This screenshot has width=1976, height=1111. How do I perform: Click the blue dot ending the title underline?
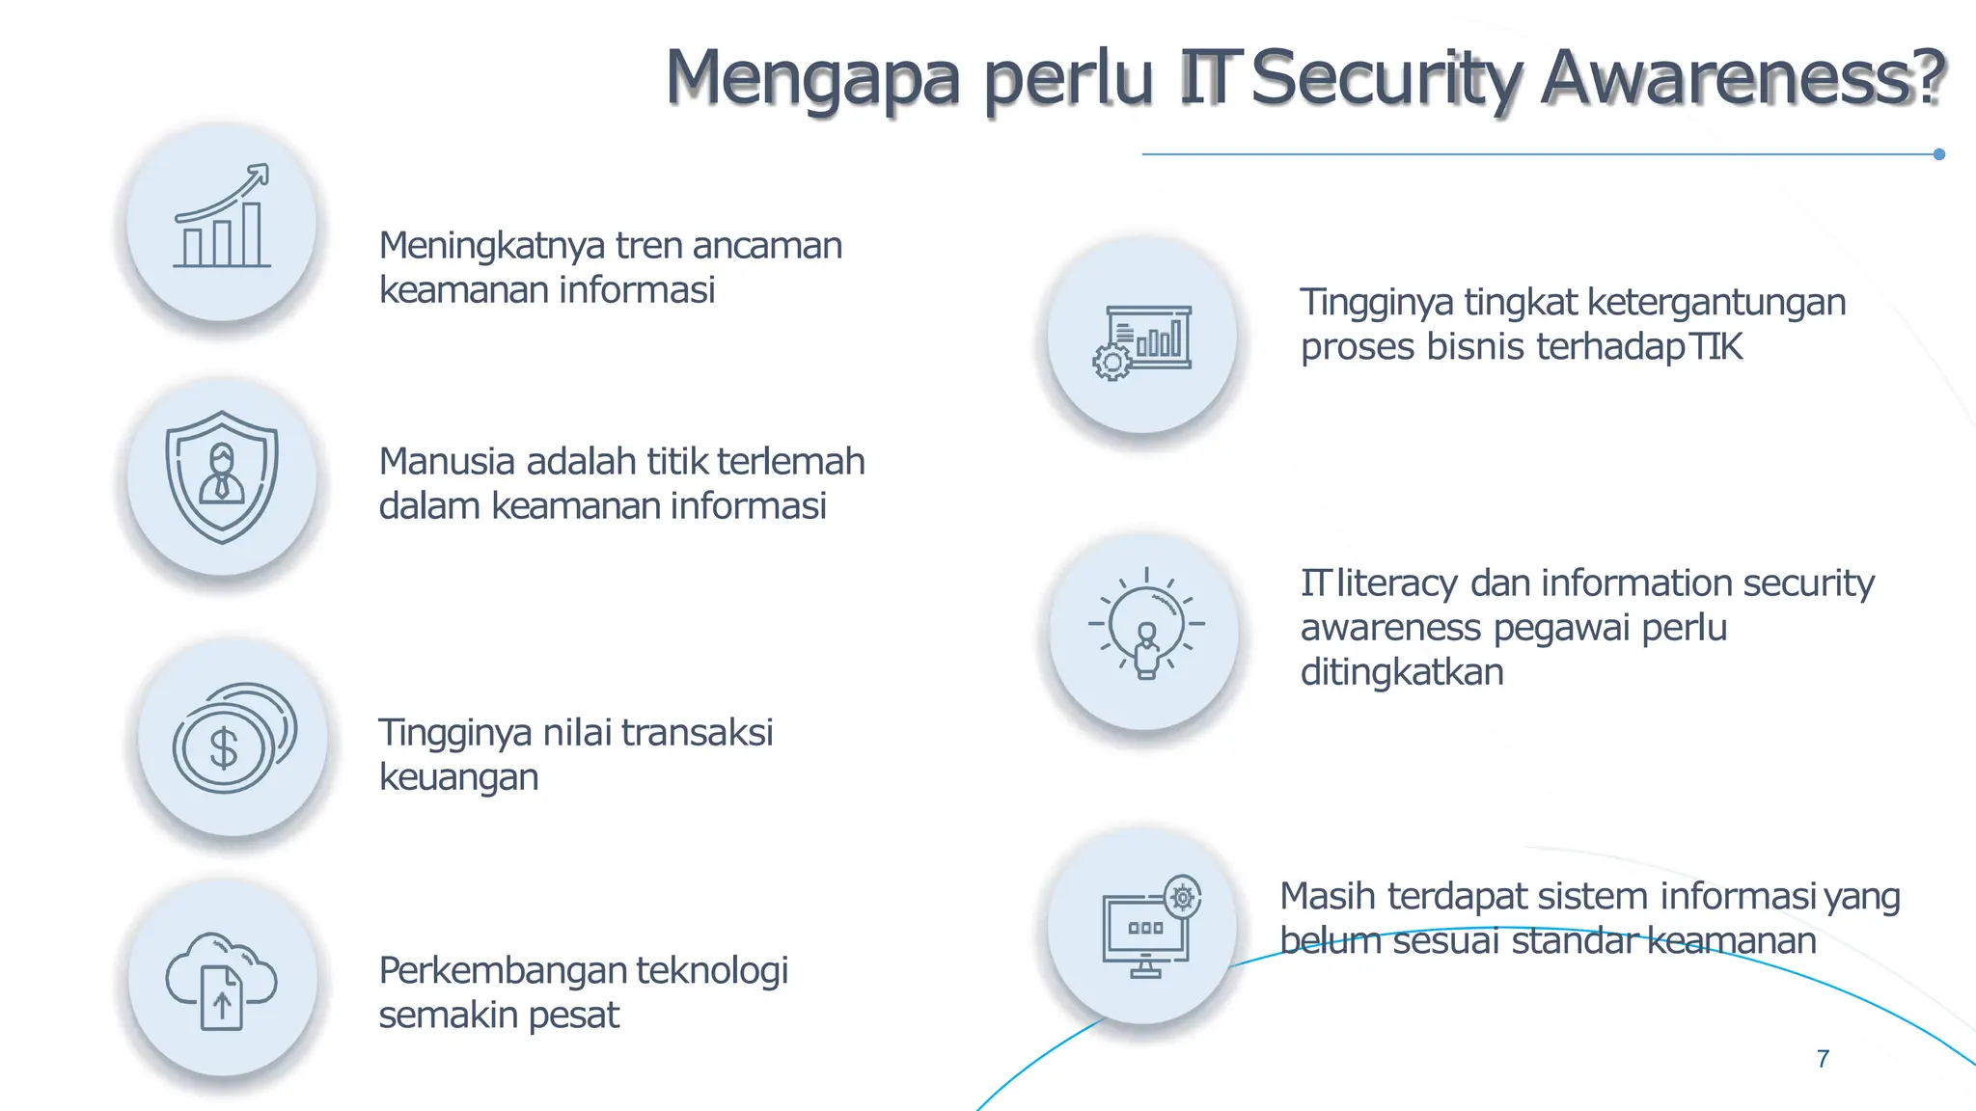(1939, 154)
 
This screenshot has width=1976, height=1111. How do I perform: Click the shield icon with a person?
(222, 476)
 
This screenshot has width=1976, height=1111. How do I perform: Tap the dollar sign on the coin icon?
(224, 748)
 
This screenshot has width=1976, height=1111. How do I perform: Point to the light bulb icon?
(1146, 625)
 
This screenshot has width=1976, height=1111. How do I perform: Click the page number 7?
(1823, 1059)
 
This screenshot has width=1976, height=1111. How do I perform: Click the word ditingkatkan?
(1402, 672)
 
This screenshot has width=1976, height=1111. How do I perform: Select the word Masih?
(1328, 897)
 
